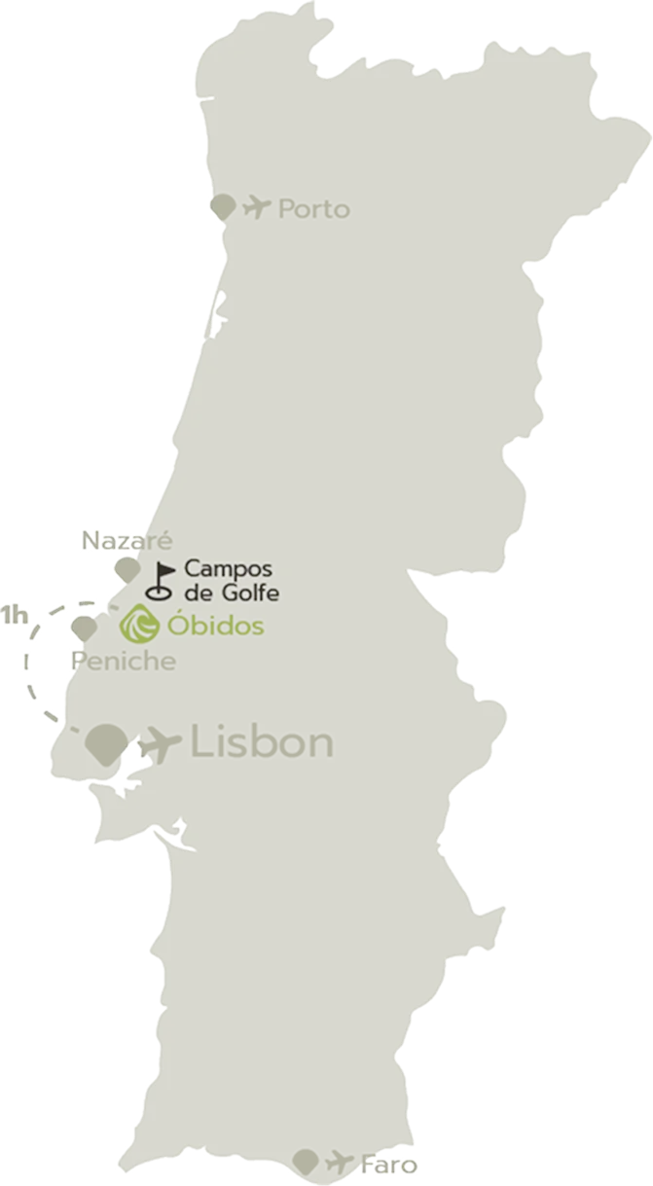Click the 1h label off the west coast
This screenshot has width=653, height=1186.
click(x=14, y=615)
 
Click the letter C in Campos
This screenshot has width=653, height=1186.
click(x=192, y=568)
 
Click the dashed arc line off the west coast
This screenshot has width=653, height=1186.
click(x=27, y=671)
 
